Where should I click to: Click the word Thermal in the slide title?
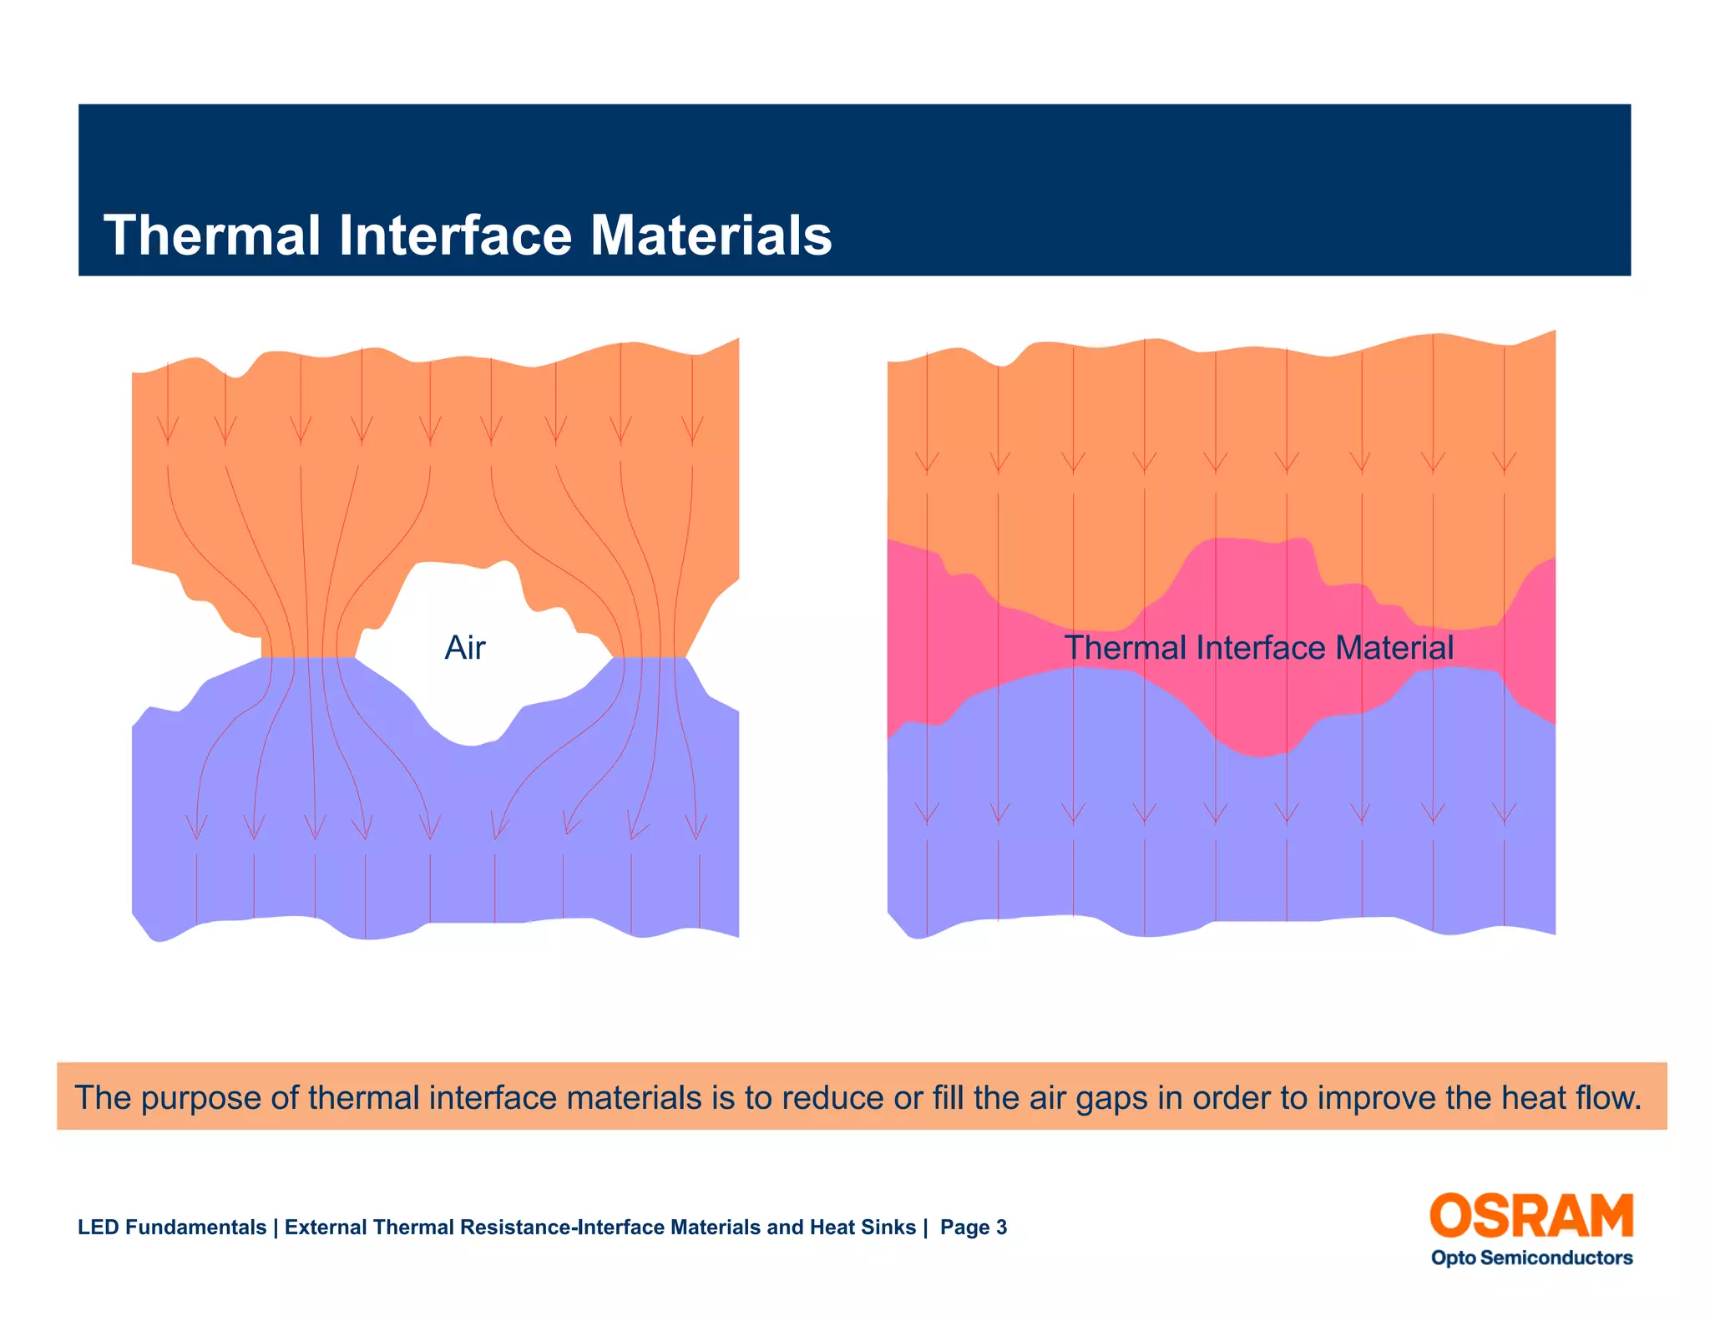[212, 235]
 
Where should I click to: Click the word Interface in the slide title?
[455, 235]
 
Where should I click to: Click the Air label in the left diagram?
[465, 648]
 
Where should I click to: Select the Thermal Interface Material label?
[1258, 648]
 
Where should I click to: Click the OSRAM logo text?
[1531, 1216]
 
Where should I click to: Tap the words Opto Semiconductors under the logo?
[1531, 1258]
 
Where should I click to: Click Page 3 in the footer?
[973, 1227]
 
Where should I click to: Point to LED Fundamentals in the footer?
[172, 1227]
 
